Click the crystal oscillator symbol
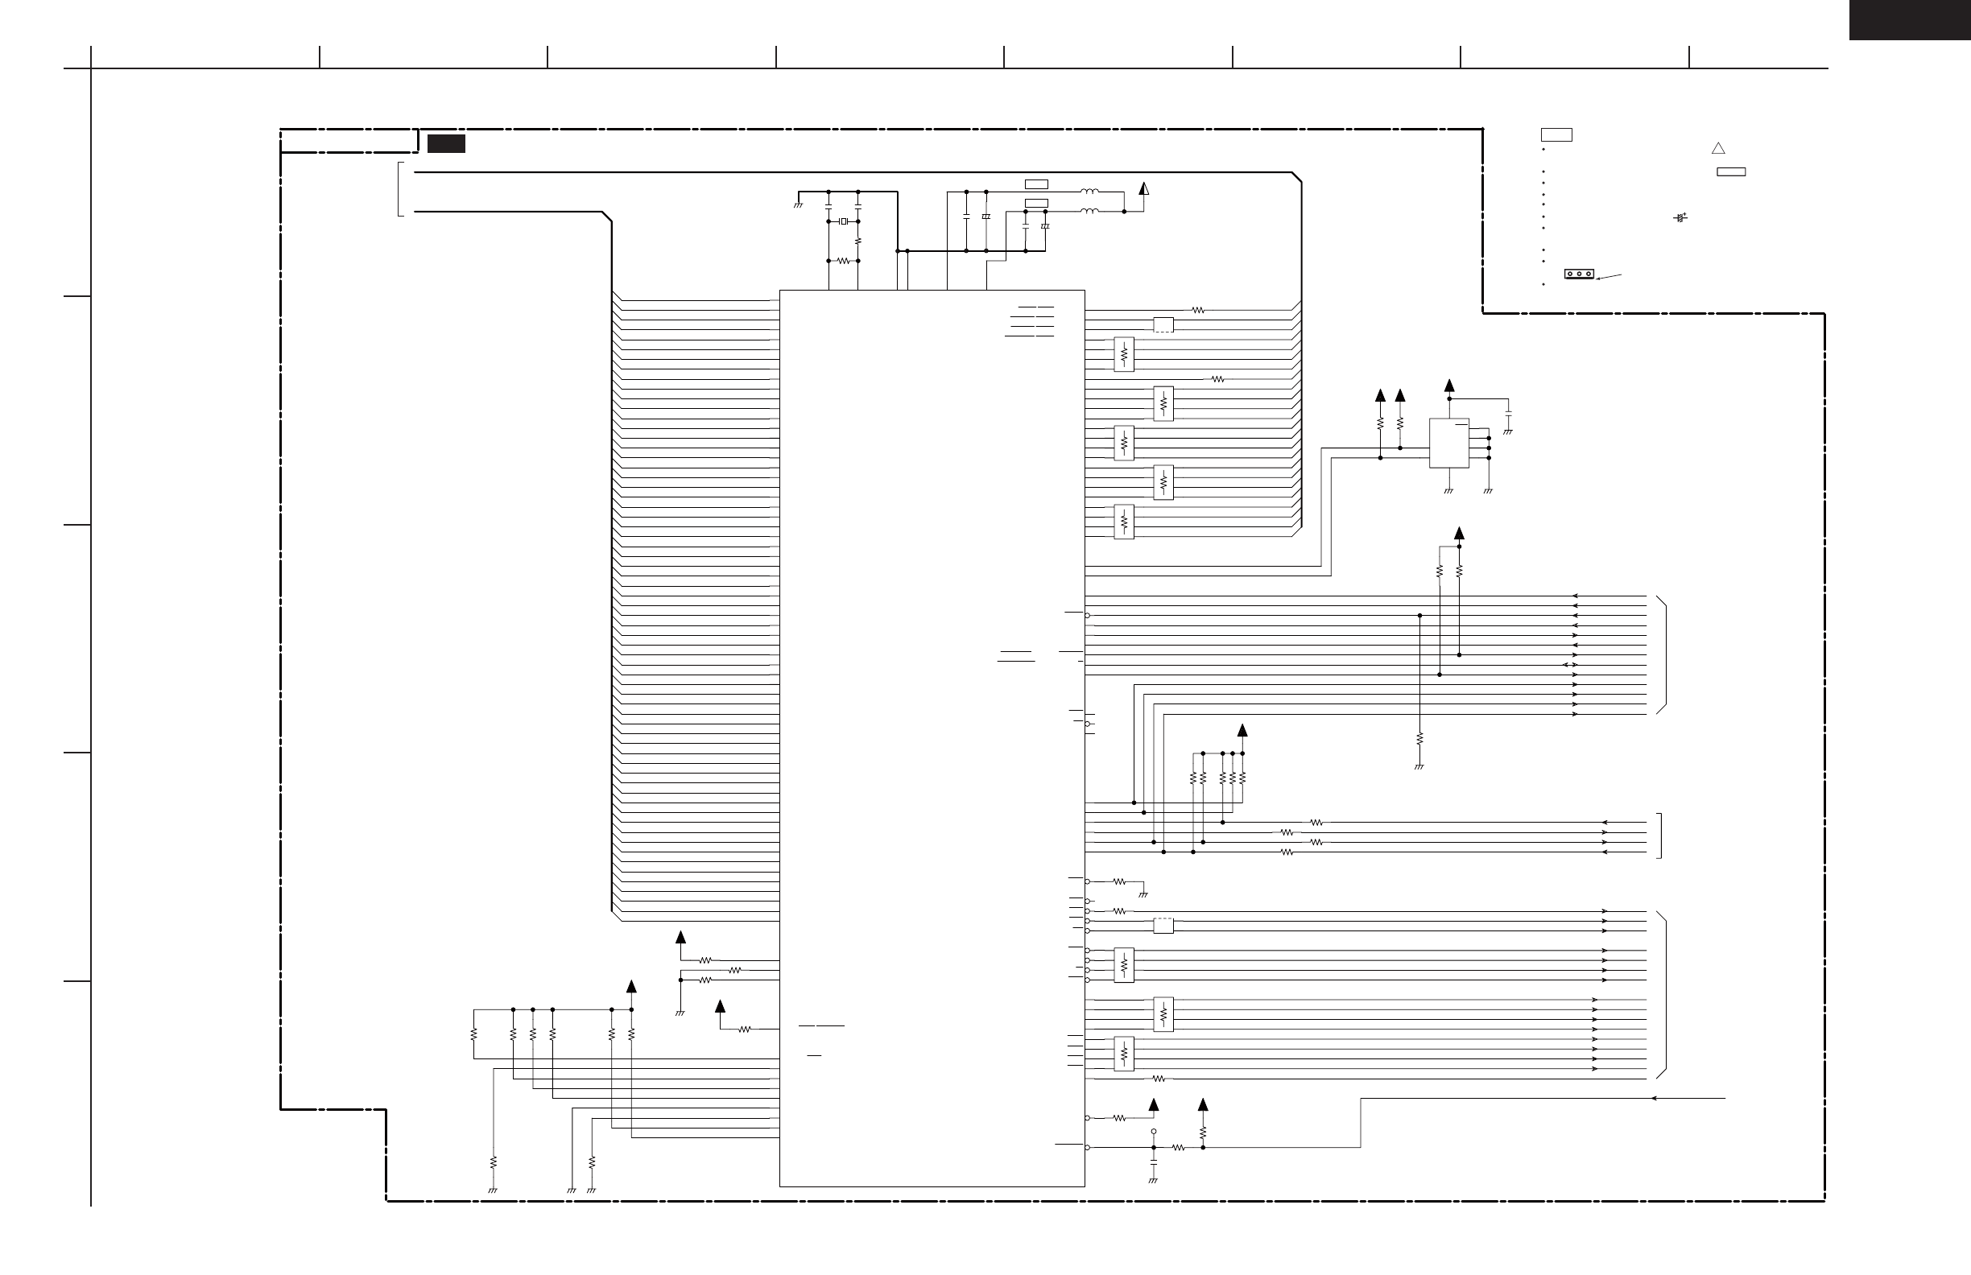(x=843, y=221)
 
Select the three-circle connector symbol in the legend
(x=1579, y=274)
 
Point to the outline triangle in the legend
(x=1718, y=149)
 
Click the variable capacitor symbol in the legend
(x=1680, y=218)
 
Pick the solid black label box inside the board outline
(x=446, y=144)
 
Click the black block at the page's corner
(x=1910, y=20)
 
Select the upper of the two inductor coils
(x=1090, y=192)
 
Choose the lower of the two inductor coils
(x=1090, y=211)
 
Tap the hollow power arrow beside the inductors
(x=1143, y=189)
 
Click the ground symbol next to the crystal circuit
(x=799, y=204)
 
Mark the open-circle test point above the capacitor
(x=1154, y=1131)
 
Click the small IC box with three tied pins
(x=1448, y=443)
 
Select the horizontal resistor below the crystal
(x=843, y=261)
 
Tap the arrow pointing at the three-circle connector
(x=1608, y=278)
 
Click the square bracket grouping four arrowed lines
(x=1659, y=836)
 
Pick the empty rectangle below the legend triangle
(x=1731, y=172)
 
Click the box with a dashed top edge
(x=1163, y=926)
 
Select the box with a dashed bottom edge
(x=1163, y=324)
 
